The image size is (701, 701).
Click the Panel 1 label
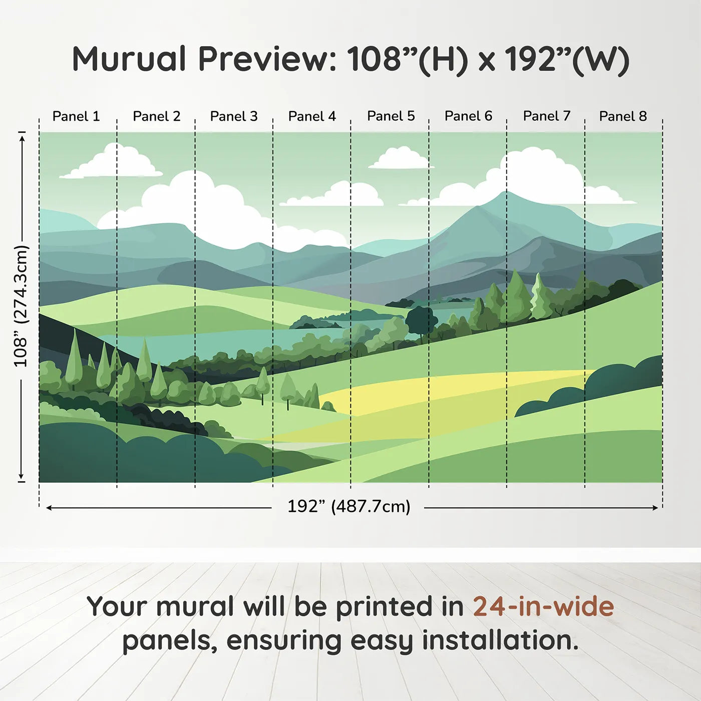point(76,116)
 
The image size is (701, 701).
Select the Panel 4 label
point(312,116)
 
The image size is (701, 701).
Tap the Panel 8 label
point(623,116)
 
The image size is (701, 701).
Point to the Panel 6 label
point(469,116)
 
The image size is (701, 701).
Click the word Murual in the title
point(129,59)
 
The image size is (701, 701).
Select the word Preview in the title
point(267,60)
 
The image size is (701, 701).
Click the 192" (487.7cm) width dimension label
point(348,506)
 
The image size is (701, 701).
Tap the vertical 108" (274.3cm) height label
point(21,306)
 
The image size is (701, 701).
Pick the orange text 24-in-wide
point(543,606)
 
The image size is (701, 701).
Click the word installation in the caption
point(500,641)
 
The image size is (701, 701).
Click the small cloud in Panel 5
point(400,158)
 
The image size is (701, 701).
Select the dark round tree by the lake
point(421,320)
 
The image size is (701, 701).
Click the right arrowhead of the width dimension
point(655,508)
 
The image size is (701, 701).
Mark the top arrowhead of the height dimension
point(22,138)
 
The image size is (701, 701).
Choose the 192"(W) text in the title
point(567,60)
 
